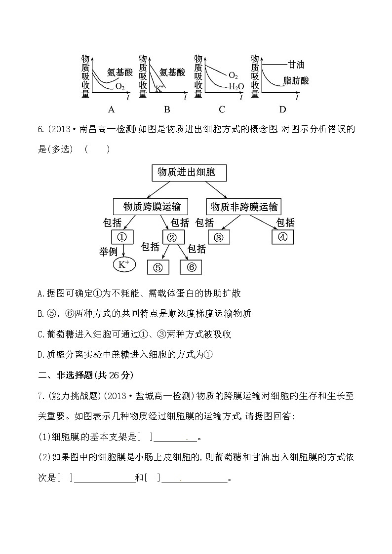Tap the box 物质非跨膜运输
[244, 205]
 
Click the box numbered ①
[122, 237]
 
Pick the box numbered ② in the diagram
[172, 237]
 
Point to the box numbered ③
[219, 237]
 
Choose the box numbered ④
[282, 237]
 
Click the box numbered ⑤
[158, 267]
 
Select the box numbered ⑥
[192, 267]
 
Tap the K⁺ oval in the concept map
[123, 265]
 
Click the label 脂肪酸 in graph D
[296, 80]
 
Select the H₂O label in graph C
[236, 87]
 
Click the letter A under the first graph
[111, 109]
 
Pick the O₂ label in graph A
[120, 87]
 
